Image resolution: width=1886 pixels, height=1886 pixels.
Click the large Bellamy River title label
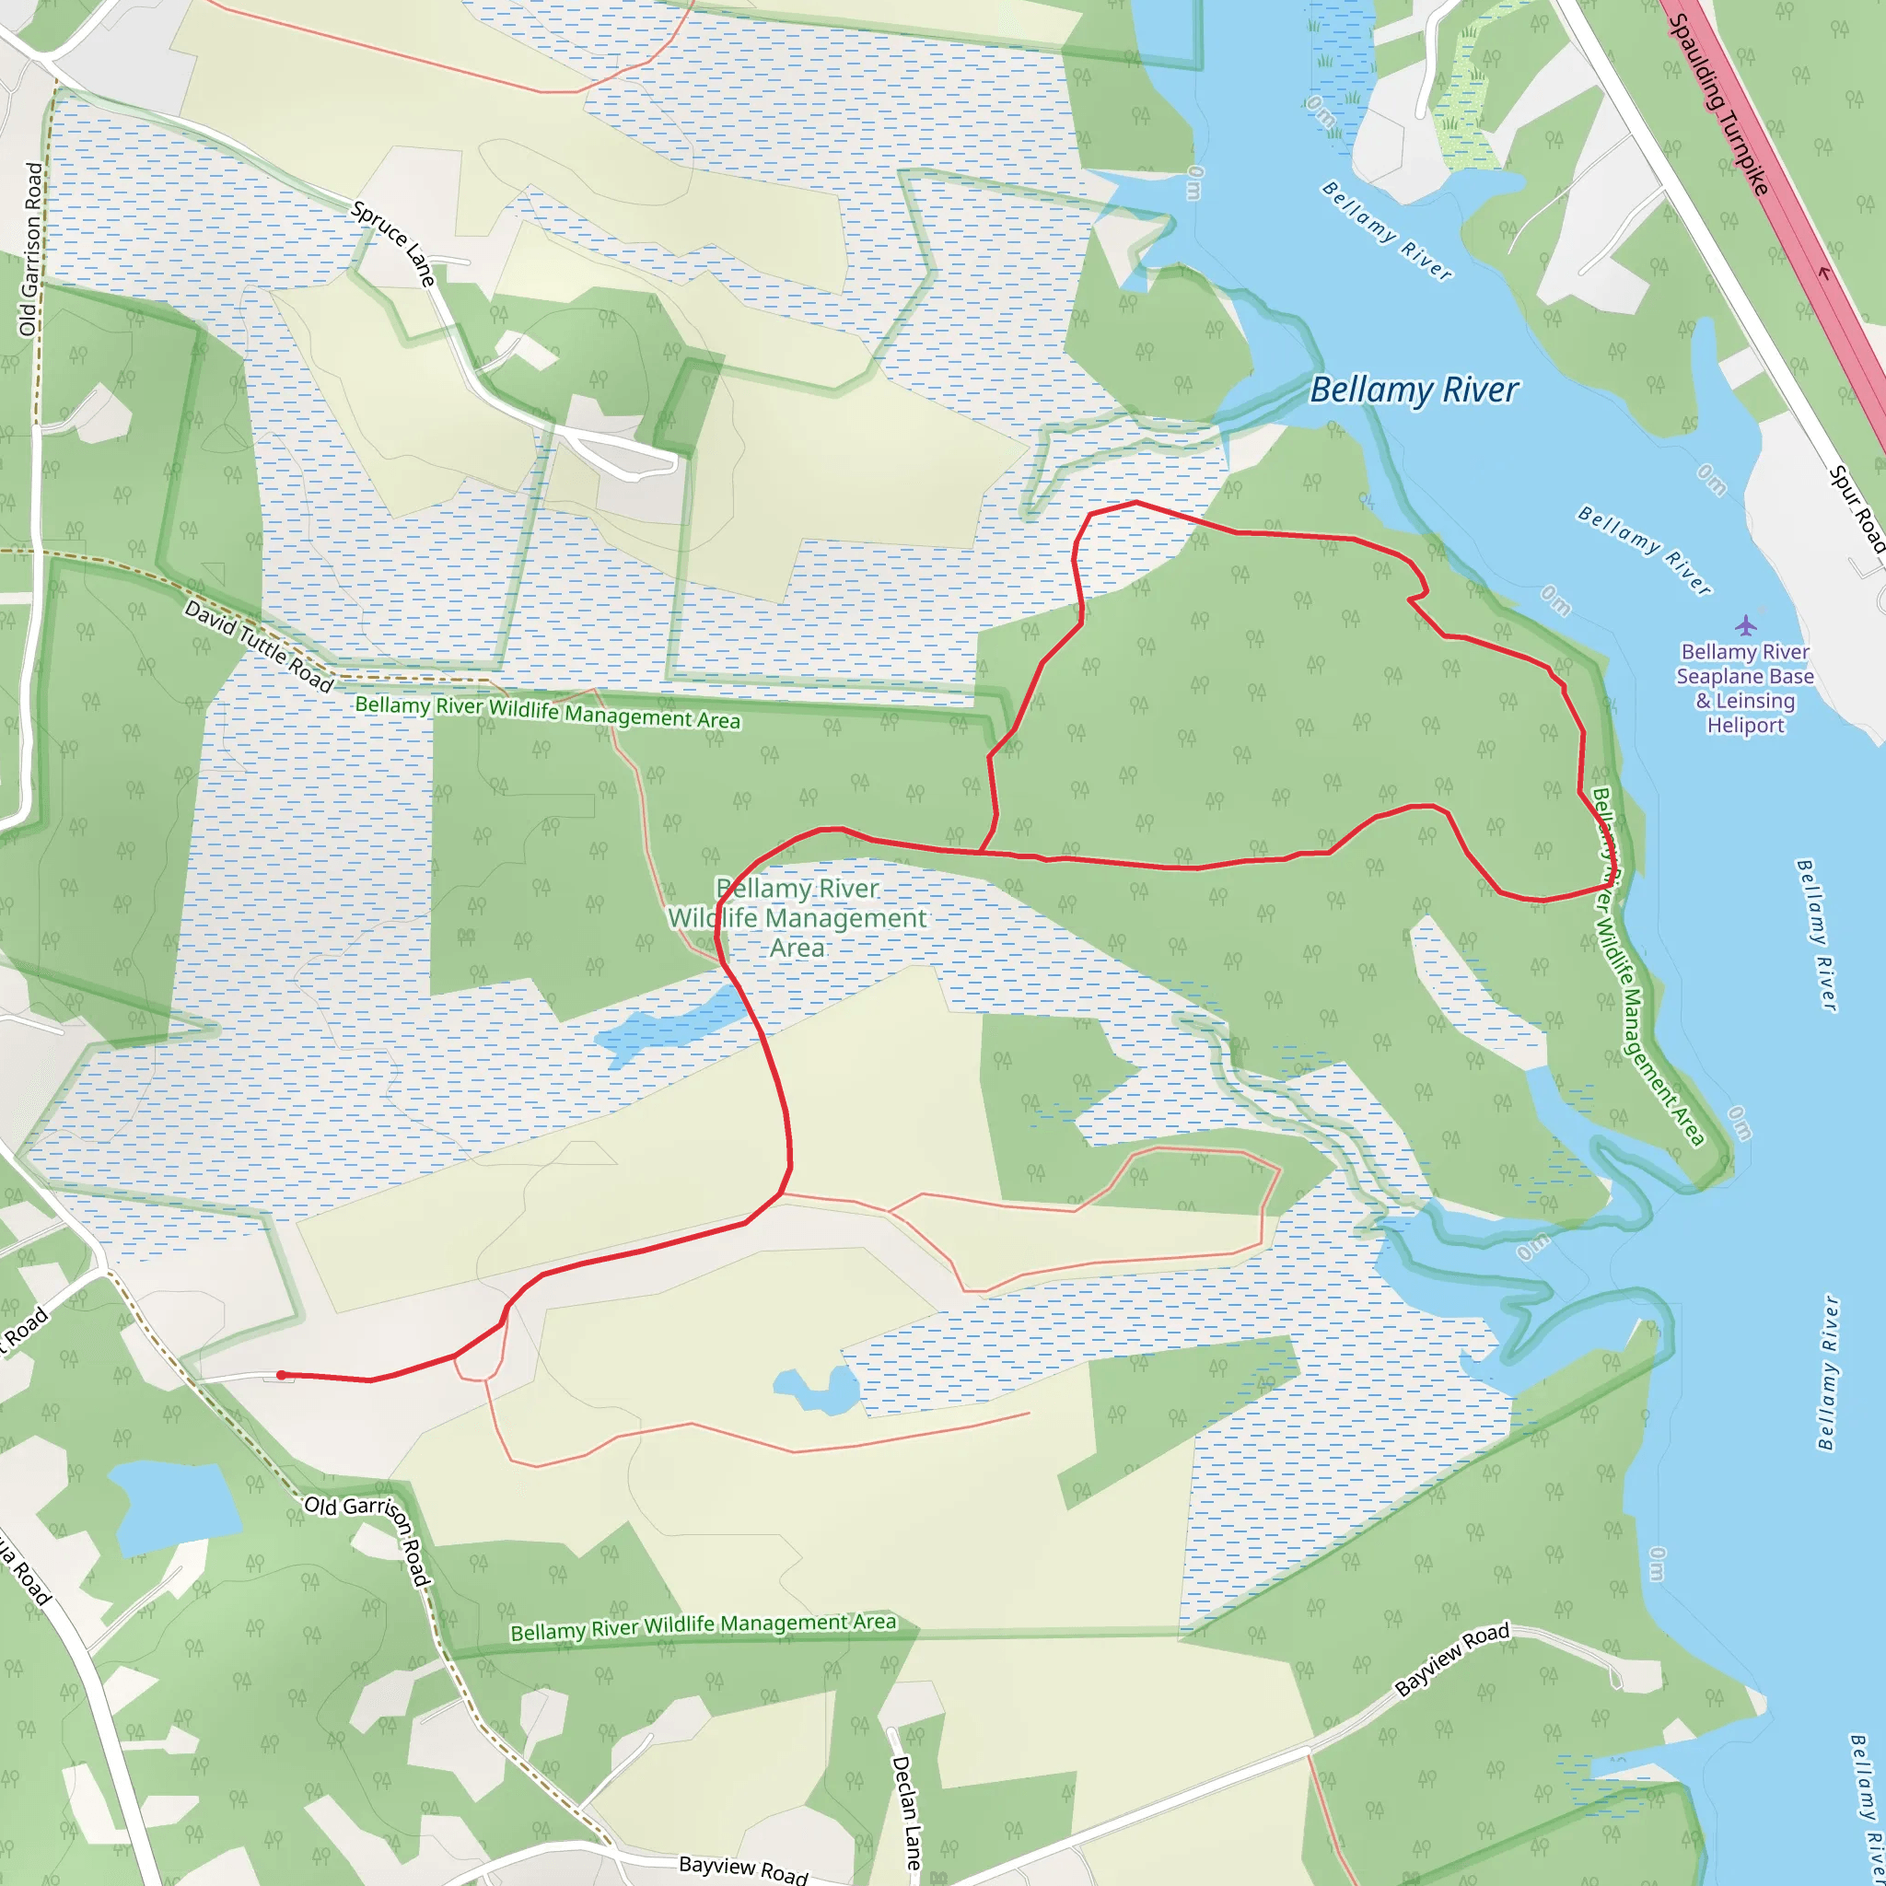pyautogui.click(x=1414, y=390)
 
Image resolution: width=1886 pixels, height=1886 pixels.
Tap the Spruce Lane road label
pyautogui.click(x=393, y=243)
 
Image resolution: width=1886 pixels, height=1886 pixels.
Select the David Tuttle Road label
pyautogui.click(x=259, y=646)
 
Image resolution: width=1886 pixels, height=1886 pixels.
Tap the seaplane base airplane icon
pyautogui.click(x=1745, y=624)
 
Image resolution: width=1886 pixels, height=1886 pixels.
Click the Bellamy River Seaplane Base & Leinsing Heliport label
pyautogui.click(x=1745, y=687)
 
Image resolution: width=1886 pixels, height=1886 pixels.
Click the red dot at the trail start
pyautogui.click(x=281, y=1376)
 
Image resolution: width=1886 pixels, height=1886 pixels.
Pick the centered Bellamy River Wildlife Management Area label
pyautogui.click(x=797, y=917)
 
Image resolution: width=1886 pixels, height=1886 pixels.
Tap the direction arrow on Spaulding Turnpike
pyautogui.click(x=1822, y=274)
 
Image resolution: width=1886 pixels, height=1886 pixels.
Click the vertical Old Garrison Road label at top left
pyautogui.click(x=31, y=250)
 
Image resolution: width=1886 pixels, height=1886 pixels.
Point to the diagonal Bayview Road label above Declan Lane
pyautogui.click(x=1451, y=1659)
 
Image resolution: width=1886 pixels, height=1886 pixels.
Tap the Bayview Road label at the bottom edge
pyautogui.click(x=744, y=1869)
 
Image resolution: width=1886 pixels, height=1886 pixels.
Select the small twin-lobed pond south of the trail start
pyautogui.click(x=818, y=1388)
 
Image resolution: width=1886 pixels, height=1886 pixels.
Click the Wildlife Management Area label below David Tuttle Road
pyautogui.click(x=547, y=712)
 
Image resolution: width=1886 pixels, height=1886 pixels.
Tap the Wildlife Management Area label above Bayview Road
pyautogui.click(x=703, y=1626)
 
